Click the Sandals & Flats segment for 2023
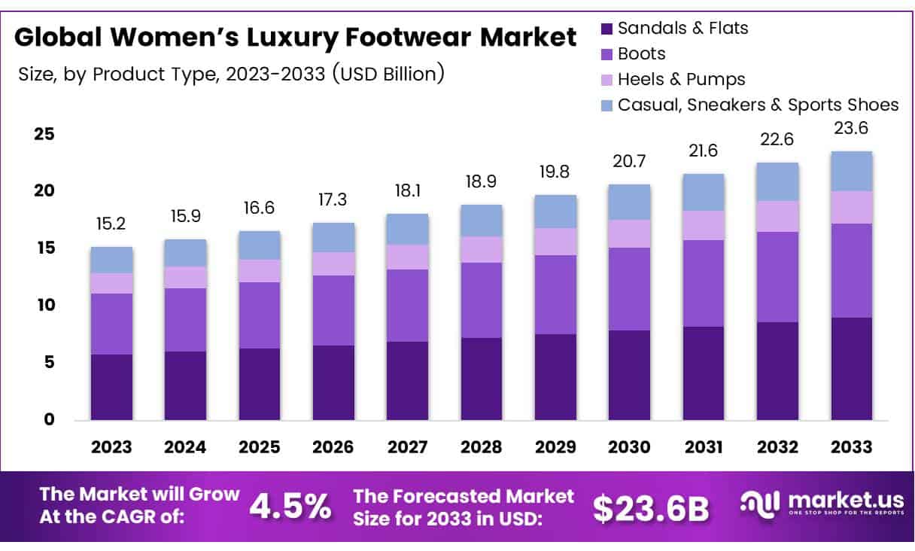pyautogui.click(x=111, y=386)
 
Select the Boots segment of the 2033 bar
pyautogui.click(x=851, y=270)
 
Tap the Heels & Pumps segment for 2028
pyautogui.click(x=481, y=249)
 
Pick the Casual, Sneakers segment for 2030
pyautogui.click(x=629, y=202)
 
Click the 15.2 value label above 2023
pyautogui.click(x=111, y=224)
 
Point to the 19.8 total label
pyautogui.click(x=555, y=172)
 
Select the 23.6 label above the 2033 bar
pyautogui.click(x=851, y=128)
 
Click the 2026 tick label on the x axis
pyautogui.click(x=333, y=447)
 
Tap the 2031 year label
pyautogui.click(x=703, y=447)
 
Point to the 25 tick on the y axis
pyautogui.click(x=44, y=134)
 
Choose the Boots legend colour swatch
pyautogui.click(x=606, y=54)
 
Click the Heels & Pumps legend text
pyautogui.click(x=681, y=79)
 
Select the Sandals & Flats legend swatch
pyautogui.click(x=606, y=29)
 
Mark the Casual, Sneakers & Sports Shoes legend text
pyautogui.click(x=758, y=105)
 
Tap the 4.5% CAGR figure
pyautogui.click(x=290, y=507)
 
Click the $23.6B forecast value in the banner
pyautogui.click(x=651, y=508)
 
